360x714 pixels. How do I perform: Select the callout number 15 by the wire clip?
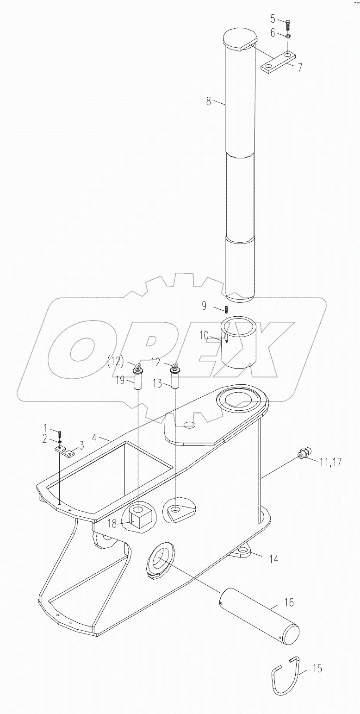(317, 668)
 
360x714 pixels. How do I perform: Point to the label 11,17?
(330, 462)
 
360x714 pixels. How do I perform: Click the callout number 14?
(274, 559)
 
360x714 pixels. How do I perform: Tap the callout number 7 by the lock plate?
(300, 67)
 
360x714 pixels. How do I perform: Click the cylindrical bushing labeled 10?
(239, 343)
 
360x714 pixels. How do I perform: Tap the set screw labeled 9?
(228, 309)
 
